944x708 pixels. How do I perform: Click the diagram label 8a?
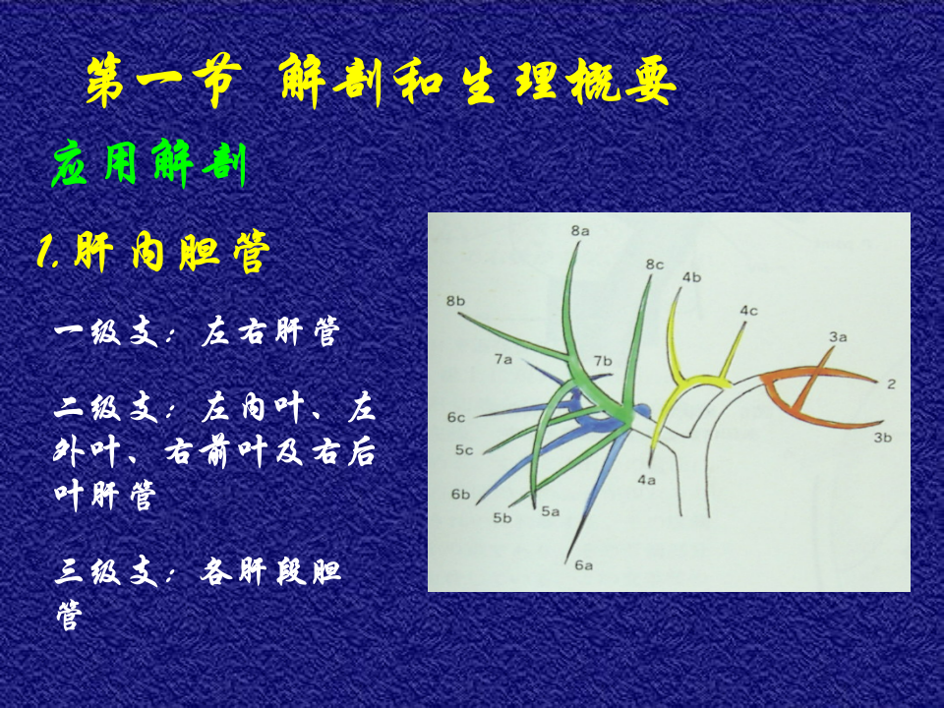coord(579,231)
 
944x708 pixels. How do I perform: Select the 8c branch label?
coord(655,265)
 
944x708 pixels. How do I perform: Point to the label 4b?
coord(691,277)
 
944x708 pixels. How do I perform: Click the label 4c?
coord(748,311)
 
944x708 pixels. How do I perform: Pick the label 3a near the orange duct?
coord(837,336)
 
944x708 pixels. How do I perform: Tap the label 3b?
coord(882,438)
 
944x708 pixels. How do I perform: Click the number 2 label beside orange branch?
coord(891,383)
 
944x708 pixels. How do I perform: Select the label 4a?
coord(646,480)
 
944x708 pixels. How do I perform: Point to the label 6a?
coord(584,564)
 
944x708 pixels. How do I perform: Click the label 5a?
coord(550,511)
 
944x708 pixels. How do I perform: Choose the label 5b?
coord(503,518)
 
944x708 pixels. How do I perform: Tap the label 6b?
coord(461,494)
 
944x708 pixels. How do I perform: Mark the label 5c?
coord(464,450)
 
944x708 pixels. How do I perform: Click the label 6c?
coord(455,418)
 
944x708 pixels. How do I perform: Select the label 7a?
coord(503,360)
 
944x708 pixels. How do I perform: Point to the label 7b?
coord(603,361)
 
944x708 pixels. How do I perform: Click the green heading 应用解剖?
coord(147,164)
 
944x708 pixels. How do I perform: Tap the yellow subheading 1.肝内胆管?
coord(152,254)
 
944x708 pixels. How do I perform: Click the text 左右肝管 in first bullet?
coord(269,331)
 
